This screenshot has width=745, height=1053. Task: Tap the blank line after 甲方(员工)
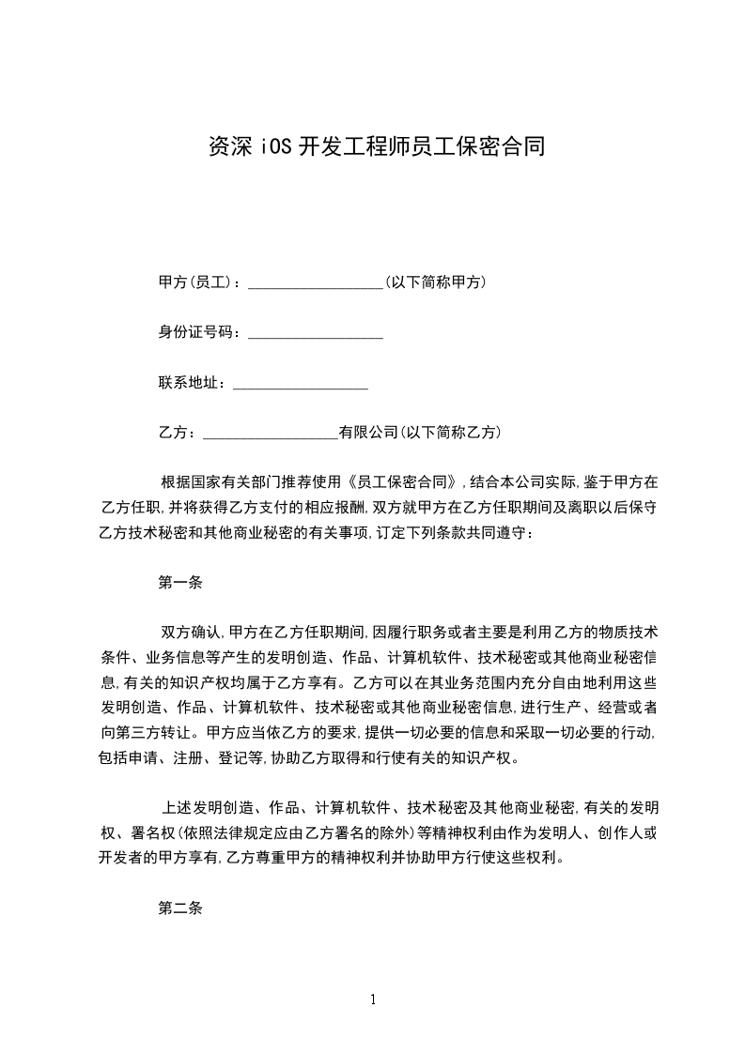(x=315, y=283)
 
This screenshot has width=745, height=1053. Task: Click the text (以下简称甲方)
(x=436, y=282)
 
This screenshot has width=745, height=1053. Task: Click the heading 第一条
(x=180, y=582)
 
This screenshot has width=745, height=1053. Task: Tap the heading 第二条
(x=180, y=908)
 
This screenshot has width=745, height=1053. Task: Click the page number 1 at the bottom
(x=373, y=1000)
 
